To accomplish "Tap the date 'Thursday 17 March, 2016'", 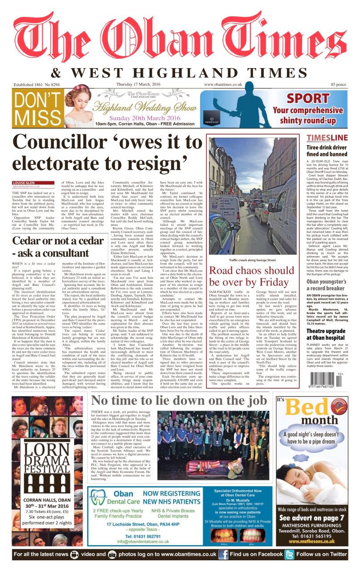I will (x=141, y=84).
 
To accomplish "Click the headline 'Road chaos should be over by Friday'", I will (x=252, y=276).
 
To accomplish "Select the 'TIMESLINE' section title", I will (x=327, y=138).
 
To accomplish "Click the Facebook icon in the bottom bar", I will (x=223, y=554).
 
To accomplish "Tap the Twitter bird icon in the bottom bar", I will (x=290, y=554).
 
